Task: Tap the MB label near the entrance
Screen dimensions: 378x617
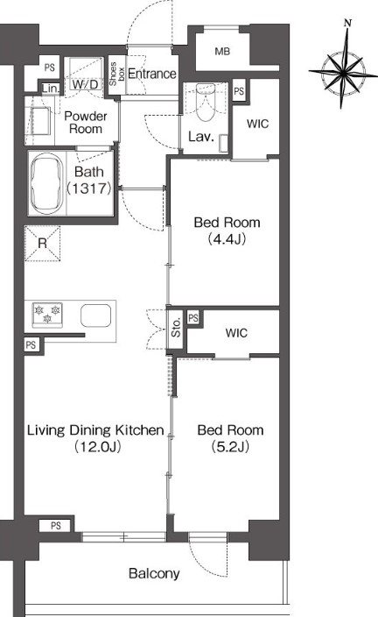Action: click(222, 51)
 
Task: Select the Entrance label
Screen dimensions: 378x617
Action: click(152, 74)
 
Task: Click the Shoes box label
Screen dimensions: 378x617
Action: click(116, 74)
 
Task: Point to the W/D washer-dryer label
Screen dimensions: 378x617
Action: click(85, 84)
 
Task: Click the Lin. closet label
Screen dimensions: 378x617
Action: click(51, 89)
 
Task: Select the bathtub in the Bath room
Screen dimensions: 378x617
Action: click(46, 183)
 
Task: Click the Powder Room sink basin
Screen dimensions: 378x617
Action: click(40, 121)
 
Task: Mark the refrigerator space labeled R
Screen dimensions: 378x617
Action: click(42, 244)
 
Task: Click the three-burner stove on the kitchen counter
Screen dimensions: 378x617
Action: click(47, 315)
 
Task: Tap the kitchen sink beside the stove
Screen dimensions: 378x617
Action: click(96, 316)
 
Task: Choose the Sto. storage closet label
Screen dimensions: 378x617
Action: click(177, 327)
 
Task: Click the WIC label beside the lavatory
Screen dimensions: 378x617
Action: click(258, 124)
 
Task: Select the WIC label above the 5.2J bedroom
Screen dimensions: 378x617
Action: click(236, 333)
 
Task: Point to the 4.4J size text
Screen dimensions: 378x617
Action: click(227, 239)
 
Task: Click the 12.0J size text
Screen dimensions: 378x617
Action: click(97, 446)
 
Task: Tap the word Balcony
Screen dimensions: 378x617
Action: click(154, 573)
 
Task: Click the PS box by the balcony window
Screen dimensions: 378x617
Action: click(56, 526)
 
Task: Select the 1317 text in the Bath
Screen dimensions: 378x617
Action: click(89, 188)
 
